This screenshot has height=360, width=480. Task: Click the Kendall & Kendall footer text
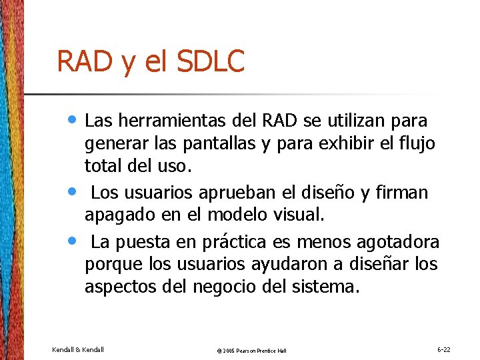(x=78, y=349)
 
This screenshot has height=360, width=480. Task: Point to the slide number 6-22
(x=443, y=349)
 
